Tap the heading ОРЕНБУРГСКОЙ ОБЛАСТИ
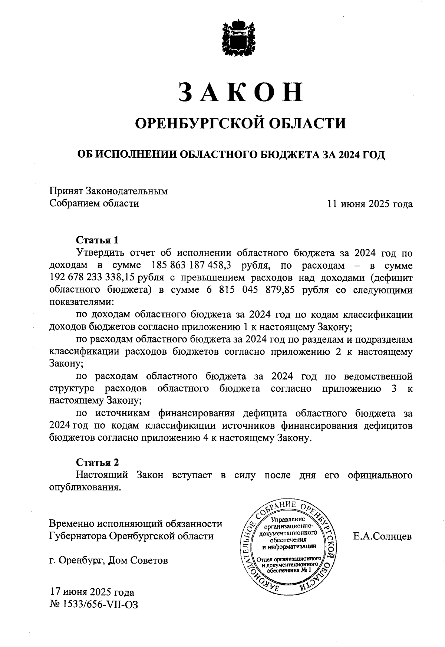tap(240, 123)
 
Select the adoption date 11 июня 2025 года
tap(369, 204)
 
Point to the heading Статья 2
tap(98, 462)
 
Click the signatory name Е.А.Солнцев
tap(382, 536)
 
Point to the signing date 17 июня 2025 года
tap(92, 592)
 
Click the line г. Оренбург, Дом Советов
tap(108, 561)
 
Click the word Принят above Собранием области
tap(66, 191)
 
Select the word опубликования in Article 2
tap(85, 487)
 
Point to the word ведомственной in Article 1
tap(378, 377)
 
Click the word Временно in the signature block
tap(71, 524)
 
